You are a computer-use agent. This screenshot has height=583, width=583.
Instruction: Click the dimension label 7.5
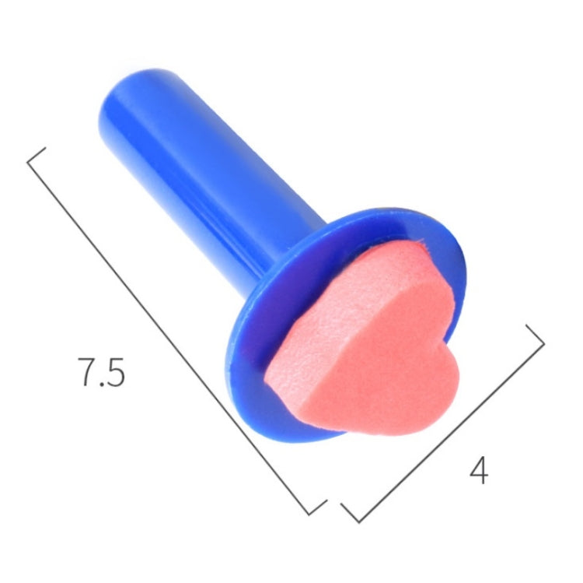pos(101,372)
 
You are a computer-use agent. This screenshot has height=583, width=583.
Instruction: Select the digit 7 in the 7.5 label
pos(87,372)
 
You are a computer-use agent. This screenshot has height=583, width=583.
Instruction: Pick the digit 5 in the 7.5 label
pos(114,372)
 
